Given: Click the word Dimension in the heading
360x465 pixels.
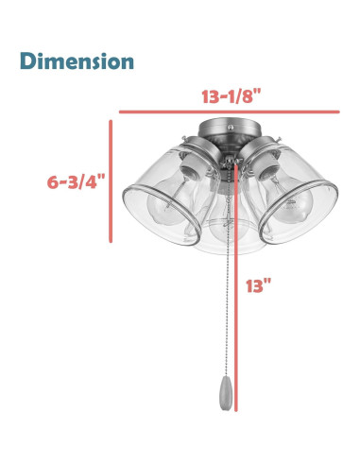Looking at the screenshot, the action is (77, 60).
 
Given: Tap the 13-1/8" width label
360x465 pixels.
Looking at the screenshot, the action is (231, 95).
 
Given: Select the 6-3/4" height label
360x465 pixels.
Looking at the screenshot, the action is (76, 181).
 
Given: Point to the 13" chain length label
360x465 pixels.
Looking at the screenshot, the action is (259, 285).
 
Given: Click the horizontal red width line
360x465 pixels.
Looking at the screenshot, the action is (229, 112).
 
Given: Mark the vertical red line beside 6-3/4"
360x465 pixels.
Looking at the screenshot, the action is (111, 181).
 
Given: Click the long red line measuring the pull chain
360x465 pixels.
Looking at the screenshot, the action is (235, 286).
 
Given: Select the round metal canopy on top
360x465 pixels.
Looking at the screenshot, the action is (230, 130).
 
